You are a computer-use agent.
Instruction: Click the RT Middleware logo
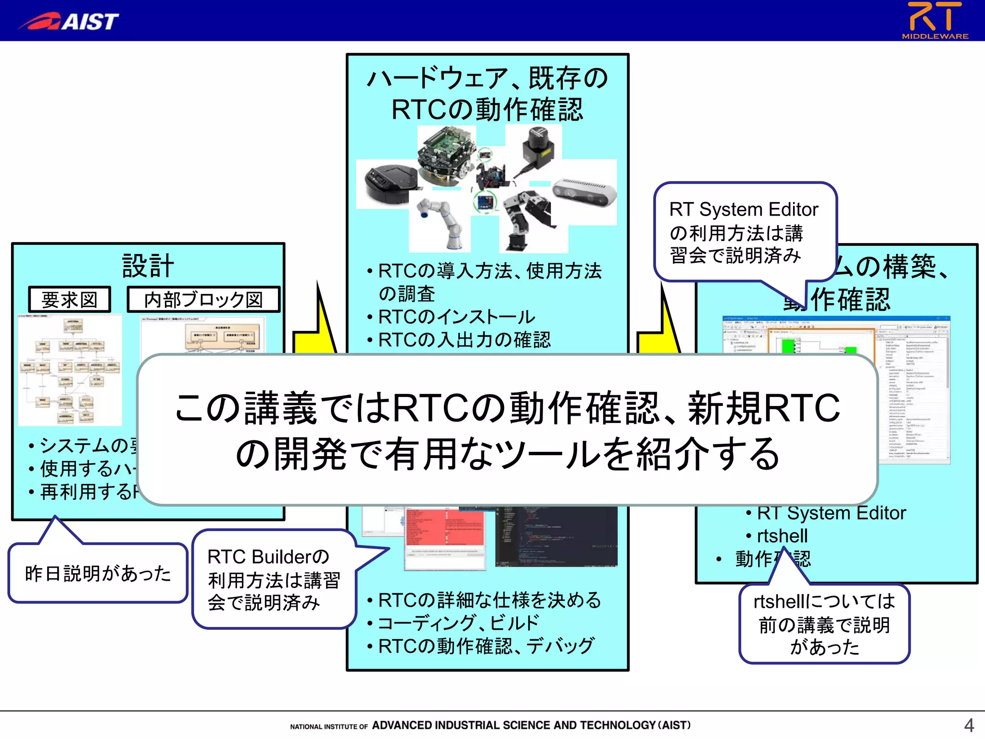pyautogui.click(x=934, y=20)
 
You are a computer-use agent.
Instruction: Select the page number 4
pyautogui.click(x=968, y=725)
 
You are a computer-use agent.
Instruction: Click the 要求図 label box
pyautogui.click(x=70, y=299)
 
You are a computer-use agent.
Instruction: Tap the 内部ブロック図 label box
pyautogui.click(x=203, y=299)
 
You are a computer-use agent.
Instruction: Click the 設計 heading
pyautogui.click(x=148, y=266)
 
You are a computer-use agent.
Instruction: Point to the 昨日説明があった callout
pyautogui.click(x=98, y=573)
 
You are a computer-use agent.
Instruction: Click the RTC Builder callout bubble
pyautogui.click(x=273, y=579)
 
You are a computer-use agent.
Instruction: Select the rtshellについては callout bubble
pyautogui.click(x=824, y=624)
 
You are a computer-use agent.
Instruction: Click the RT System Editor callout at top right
pyautogui.click(x=744, y=232)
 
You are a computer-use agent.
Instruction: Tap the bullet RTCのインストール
pyautogui.click(x=456, y=317)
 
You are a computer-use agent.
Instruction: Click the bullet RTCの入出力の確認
pyautogui.click(x=464, y=340)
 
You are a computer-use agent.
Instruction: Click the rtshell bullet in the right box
pyautogui.click(x=782, y=535)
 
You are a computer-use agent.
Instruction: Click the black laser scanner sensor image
pyautogui.click(x=538, y=147)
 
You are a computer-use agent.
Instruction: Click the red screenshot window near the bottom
pyautogui.click(x=445, y=536)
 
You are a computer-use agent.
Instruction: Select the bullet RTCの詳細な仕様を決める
pyautogui.click(x=489, y=600)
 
